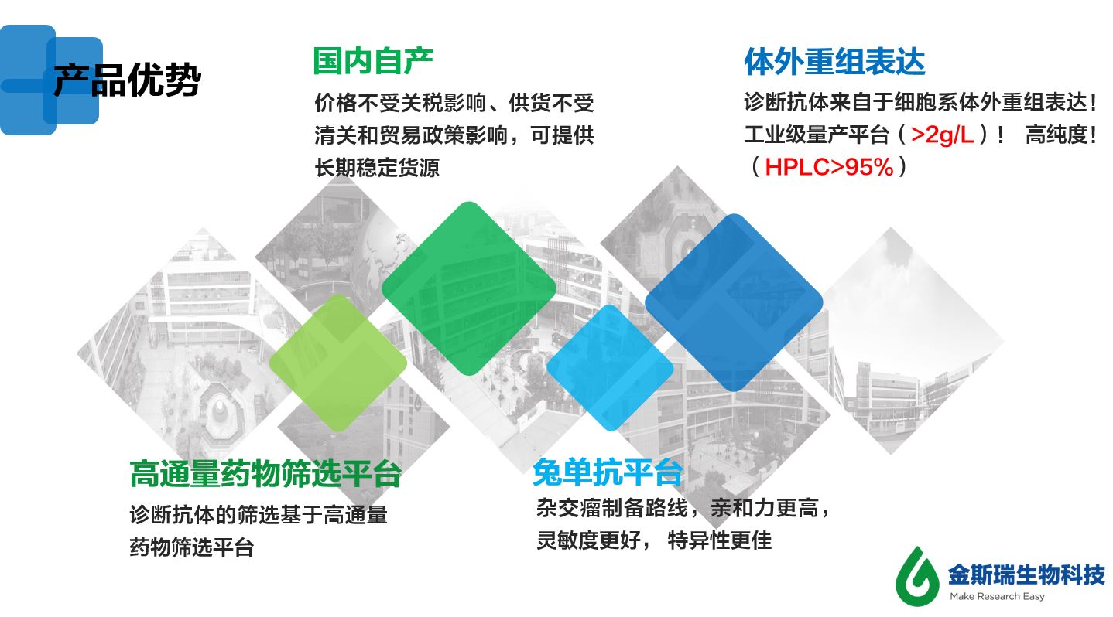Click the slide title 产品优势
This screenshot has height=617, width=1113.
pos(127,80)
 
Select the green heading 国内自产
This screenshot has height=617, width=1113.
pos(372,60)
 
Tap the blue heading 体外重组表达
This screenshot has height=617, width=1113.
pos(834,62)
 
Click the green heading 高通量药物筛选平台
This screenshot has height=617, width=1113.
pos(265,474)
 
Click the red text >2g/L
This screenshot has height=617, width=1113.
pos(942,135)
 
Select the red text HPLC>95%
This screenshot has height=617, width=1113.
pos(829,167)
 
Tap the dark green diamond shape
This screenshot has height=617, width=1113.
pos(468,288)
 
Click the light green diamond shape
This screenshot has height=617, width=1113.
pos(337,362)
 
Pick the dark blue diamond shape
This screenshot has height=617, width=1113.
pos(733,302)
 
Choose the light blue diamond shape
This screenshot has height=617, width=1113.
pos(609,366)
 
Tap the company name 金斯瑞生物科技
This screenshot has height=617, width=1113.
pos(1027,574)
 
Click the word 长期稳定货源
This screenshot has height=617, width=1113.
pos(377,168)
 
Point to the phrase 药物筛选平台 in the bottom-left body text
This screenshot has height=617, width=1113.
pos(191,548)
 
